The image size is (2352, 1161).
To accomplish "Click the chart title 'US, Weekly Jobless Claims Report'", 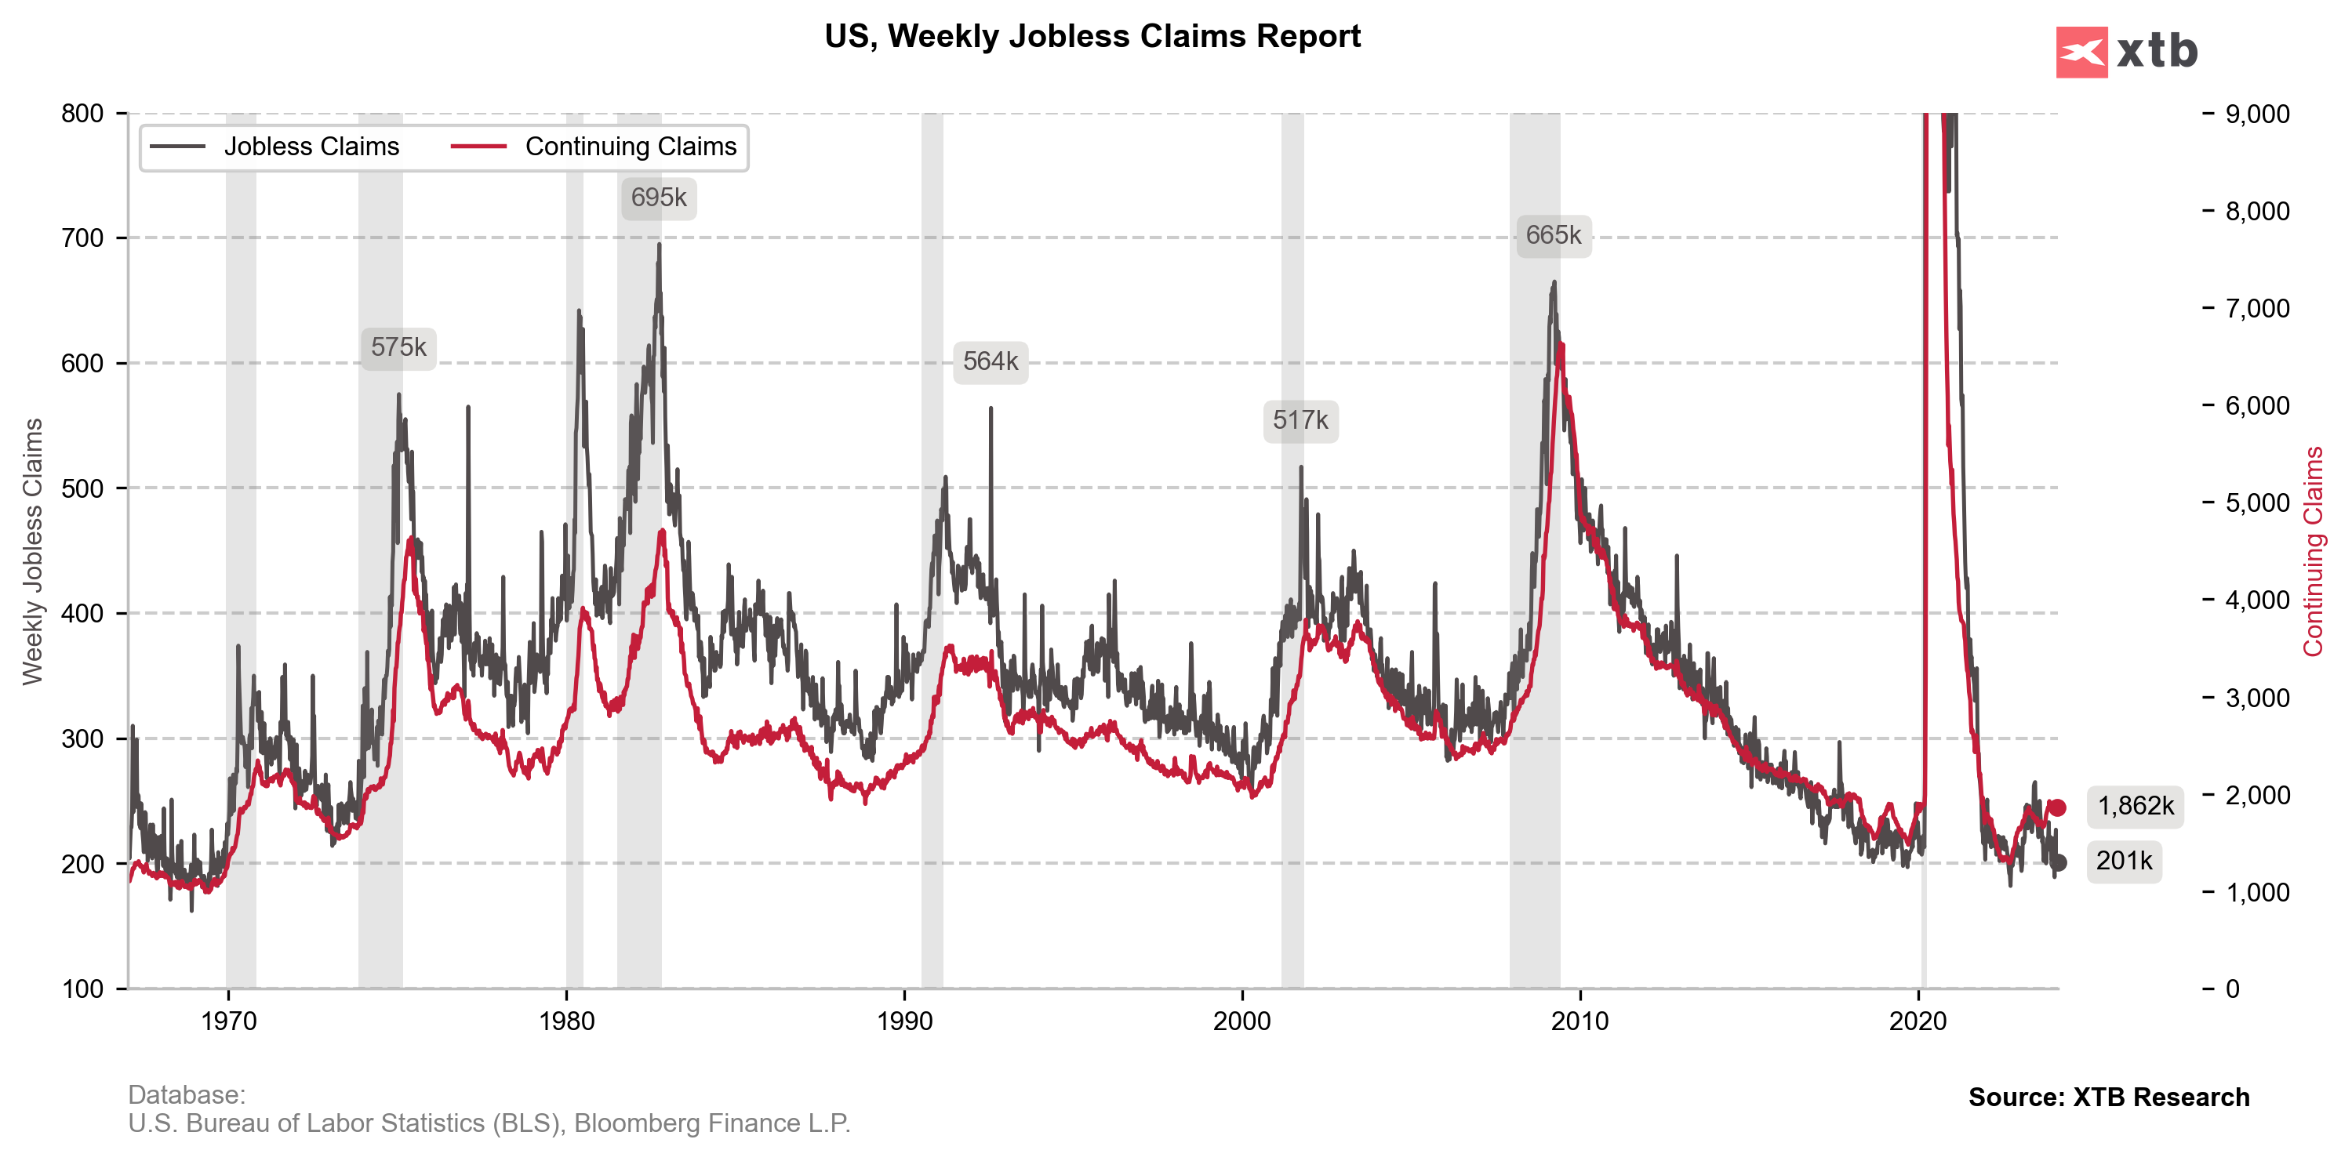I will tap(1092, 37).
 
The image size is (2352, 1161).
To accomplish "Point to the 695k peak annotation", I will tap(658, 198).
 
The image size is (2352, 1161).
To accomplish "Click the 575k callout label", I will tap(398, 348).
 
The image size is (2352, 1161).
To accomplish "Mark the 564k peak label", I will tap(991, 362).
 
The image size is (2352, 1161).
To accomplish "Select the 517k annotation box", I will tap(1300, 421).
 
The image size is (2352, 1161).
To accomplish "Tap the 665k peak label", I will tap(1553, 235).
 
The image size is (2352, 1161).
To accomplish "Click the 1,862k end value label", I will tap(2135, 806).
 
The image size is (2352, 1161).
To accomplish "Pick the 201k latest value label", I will tap(2124, 861).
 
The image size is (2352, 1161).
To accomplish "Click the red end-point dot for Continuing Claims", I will tap(2057, 807).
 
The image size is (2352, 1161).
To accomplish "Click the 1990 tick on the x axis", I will tap(904, 1021).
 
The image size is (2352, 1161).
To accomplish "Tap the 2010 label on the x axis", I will tap(1580, 1021).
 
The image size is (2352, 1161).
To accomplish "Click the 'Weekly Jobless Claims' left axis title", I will tap(33, 551).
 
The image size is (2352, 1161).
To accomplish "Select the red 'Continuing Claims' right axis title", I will tap(2313, 551).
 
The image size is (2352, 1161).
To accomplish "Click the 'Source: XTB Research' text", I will tap(2108, 1097).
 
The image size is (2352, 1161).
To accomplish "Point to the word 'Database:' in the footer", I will tap(186, 1094).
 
